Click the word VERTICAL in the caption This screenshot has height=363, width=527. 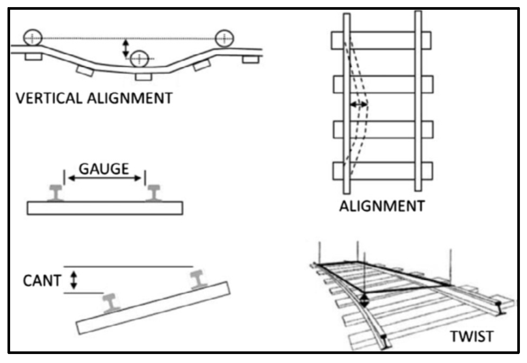coord(48,98)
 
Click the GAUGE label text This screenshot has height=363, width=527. coord(104,169)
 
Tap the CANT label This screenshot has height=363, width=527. coord(42,281)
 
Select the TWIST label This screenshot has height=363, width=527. coord(471,336)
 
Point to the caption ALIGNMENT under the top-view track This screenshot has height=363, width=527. coord(382,206)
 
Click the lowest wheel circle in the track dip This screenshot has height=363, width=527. coord(139,58)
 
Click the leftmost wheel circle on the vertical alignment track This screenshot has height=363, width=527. coord(33,37)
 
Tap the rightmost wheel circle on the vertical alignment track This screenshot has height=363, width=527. coord(224,38)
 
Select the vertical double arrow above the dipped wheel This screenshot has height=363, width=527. coord(126,48)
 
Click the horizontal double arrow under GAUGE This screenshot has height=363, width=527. coord(105,179)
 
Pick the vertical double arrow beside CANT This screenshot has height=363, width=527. coord(74,280)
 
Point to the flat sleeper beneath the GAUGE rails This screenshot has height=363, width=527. coord(105,208)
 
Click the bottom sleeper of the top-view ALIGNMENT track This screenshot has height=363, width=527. coord(382,171)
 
